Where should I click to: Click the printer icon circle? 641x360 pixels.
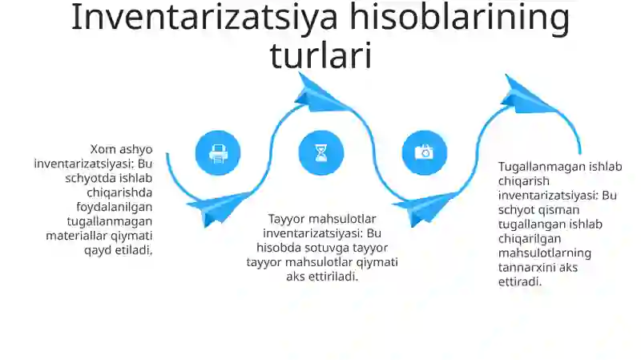[x=218, y=152]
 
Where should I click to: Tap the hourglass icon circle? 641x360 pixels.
[x=321, y=152]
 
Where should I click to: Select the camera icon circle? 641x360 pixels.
[x=424, y=152]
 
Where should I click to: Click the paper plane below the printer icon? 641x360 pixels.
[x=217, y=207]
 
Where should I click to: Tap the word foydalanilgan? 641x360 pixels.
[x=119, y=206]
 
